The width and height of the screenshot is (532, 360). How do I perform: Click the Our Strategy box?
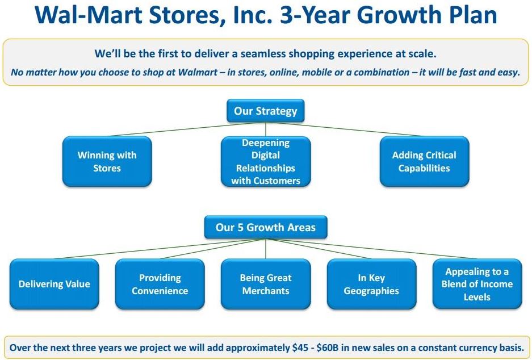265,111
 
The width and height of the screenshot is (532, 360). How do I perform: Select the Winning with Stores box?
107,161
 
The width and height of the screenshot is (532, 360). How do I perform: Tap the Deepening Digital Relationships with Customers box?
265,162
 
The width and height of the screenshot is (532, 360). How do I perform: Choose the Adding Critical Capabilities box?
424,161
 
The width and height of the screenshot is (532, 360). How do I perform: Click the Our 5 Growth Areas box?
265,228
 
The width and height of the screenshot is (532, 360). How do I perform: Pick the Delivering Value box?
54,284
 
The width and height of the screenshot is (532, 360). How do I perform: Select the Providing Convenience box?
160,284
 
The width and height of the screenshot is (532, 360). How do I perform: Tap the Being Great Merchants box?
265,284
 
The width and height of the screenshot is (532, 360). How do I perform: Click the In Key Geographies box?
371,284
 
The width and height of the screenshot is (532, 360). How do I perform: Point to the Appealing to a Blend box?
476,284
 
